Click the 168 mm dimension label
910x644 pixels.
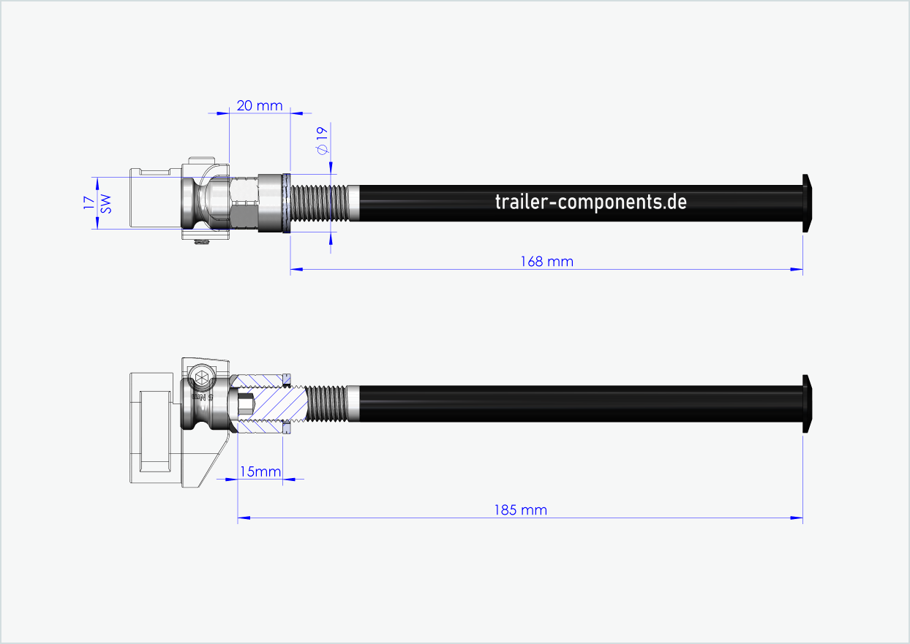coord(546,261)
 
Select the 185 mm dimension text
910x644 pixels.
coord(519,509)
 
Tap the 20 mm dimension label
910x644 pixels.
coord(260,106)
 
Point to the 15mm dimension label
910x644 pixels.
coord(260,471)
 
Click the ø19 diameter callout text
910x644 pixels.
coord(321,140)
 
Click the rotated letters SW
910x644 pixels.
coord(106,203)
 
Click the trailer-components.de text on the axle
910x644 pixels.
coord(591,202)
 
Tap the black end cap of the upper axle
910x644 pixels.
coord(807,202)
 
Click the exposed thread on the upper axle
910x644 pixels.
coord(320,203)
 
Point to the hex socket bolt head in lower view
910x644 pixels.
coord(200,379)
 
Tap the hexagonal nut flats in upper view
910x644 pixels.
coord(244,203)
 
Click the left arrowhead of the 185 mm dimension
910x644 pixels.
coord(244,518)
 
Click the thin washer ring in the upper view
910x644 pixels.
coord(287,203)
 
